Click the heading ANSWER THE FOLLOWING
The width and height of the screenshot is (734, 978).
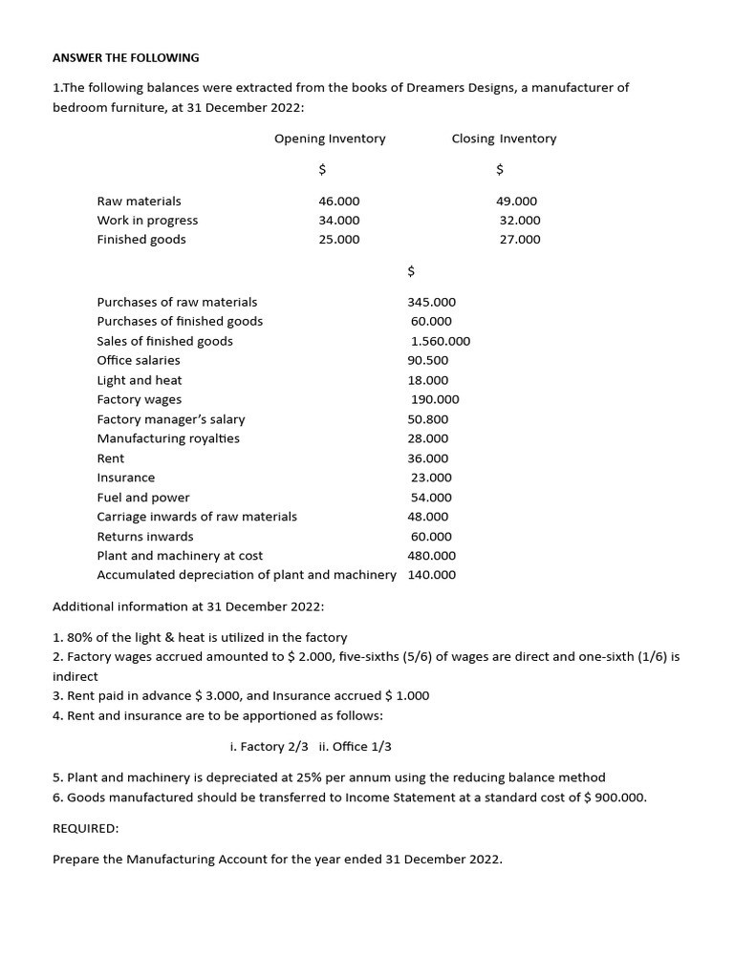tap(125, 57)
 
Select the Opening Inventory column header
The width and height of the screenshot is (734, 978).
tap(330, 138)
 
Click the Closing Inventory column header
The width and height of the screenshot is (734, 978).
tap(504, 138)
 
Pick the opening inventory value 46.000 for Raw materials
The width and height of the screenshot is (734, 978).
tap(339, 201)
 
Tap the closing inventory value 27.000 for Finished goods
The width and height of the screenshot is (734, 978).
tap(520, 240)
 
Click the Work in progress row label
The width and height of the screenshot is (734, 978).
tap(147, 221)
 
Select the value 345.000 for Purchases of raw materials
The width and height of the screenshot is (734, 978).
tap(432, 302)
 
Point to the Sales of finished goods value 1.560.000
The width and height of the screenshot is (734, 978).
tap(441, 341)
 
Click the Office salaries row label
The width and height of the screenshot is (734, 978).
tap(139, 360)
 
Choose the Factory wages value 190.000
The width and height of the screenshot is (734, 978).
tap(435, 399)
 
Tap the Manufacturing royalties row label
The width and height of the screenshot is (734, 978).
tap(168, 438)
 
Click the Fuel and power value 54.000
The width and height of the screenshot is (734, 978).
tap(431, 498)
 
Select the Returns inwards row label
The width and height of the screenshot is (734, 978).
tap(145, 537)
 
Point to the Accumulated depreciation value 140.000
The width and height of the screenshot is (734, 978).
tap(432, 575)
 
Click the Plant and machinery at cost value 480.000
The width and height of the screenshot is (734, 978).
tap(432, 556)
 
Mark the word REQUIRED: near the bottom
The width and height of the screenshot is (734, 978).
tap(85, 829)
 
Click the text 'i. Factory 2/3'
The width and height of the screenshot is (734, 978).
tap(270, 747)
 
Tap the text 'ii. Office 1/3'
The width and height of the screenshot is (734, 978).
tap(356, 747)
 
